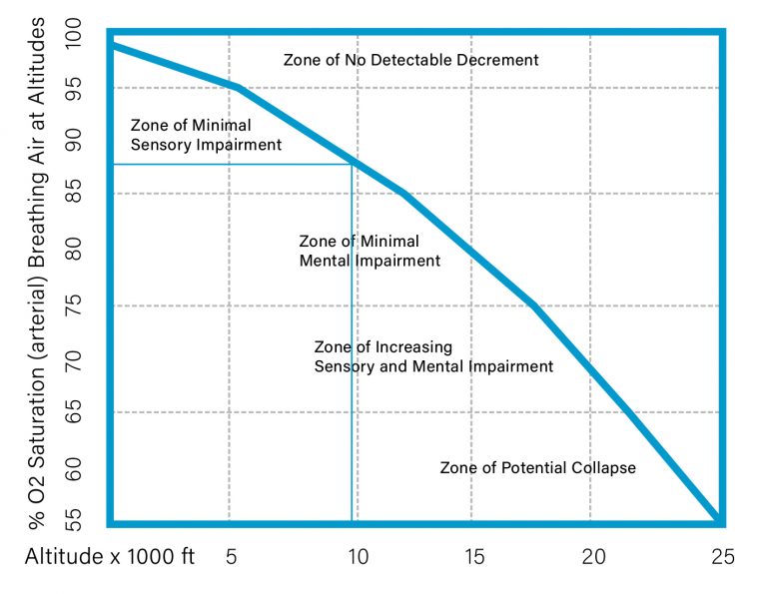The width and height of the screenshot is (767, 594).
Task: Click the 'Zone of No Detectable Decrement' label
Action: tap(410, 60)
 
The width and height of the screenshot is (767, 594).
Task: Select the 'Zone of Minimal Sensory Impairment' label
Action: tap(206, 135)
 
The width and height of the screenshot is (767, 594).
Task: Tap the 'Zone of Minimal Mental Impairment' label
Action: tap(370, 252)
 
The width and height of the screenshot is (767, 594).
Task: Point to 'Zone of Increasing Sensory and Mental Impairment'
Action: tap(433, 356)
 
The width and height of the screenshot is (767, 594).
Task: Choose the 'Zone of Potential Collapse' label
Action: tap(537, 467)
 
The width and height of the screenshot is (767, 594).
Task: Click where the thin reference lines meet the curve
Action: tap(352, 163)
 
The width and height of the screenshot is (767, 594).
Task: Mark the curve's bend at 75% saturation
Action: tap(537, 305)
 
